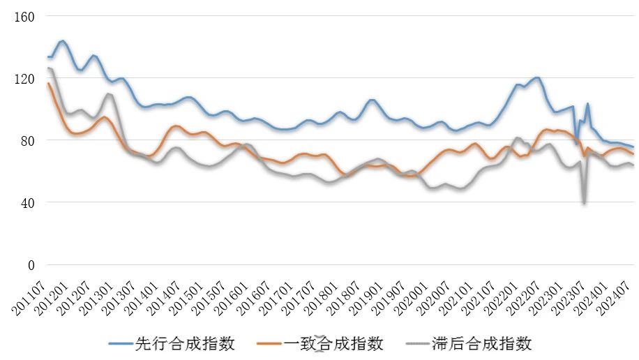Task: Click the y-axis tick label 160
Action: (25, 16)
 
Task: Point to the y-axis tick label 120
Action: (25, 78)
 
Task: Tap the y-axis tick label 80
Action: (28, 140)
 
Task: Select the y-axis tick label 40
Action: (28, 203)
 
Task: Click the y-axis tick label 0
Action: (31, 265)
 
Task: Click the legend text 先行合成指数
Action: (183, 343)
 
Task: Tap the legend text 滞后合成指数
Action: (483, 343)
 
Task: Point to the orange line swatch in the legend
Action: (269, 343)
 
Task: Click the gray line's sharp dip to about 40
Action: (584, 204)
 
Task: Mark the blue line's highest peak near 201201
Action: (63, 41)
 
